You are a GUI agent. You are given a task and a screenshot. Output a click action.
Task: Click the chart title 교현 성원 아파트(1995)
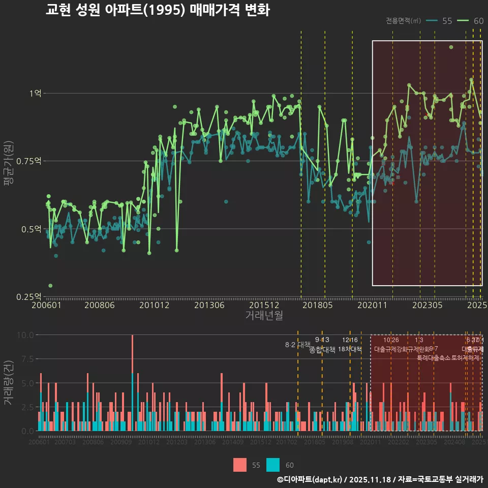[x=158, y=10]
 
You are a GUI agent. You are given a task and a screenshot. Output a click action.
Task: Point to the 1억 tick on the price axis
[x=35, y=93]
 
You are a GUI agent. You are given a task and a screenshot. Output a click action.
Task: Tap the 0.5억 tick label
[x=32, y=229]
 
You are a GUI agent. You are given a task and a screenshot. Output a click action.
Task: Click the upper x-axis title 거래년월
[x=264, y=316]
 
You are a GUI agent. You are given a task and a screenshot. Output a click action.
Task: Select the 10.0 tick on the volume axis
[x=25, y=335]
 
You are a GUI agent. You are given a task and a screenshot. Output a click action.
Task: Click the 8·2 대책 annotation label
[x=297, y=345]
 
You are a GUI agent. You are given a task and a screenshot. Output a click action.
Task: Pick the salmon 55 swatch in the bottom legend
[x=240, y=465]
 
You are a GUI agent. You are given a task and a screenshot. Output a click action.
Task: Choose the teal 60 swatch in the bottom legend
[x=273, y=465]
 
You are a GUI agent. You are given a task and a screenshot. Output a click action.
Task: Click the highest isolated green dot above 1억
[x=451, y=47]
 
